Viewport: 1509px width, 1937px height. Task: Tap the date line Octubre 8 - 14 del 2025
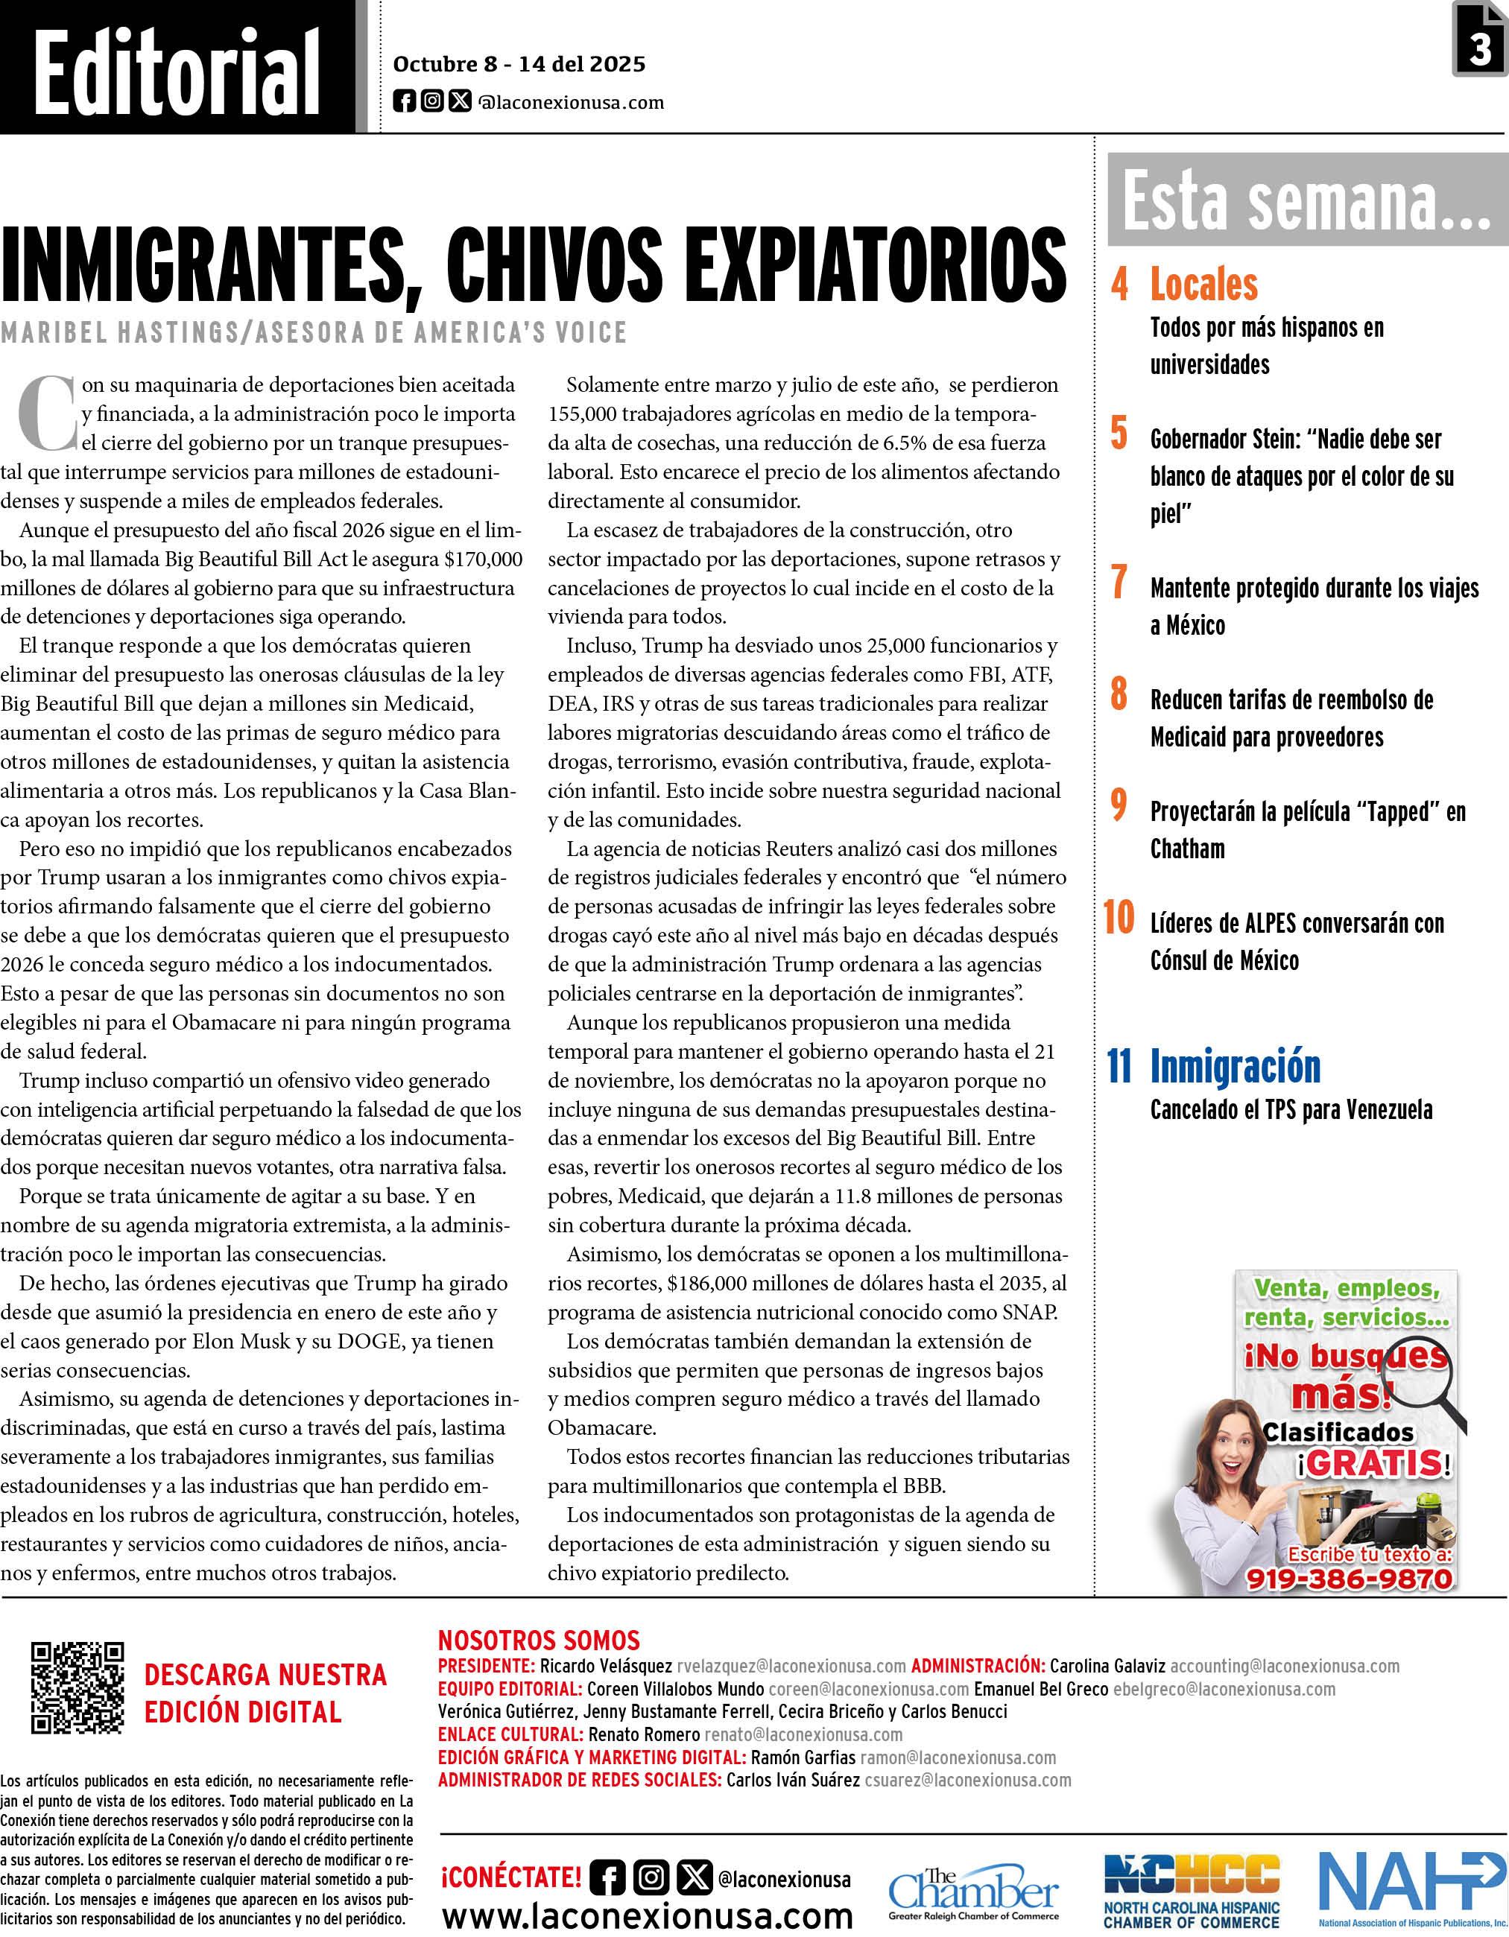click(x=519, y=65)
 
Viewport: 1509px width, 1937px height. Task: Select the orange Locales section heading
click(x=1203, y=285)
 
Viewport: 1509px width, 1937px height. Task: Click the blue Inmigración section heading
click(x=1235, y=1066)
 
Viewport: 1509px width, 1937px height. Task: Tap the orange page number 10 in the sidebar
click(x=1119, y=918)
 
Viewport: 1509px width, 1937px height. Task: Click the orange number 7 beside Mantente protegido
click(x=1119, y=583)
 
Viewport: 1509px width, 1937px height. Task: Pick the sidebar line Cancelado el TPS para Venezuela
click(x=1291, y=1110)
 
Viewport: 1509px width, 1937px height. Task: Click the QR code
click(x=77, y=1687)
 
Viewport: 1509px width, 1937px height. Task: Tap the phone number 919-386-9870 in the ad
click(x=1349, y=1579)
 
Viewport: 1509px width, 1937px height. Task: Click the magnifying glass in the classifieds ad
click(x=1420, y=1379)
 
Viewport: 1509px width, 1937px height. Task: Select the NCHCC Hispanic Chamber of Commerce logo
click(x=1192, y=1889)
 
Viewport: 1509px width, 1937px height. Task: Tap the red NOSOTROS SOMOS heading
click(x=539, y=1640)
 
